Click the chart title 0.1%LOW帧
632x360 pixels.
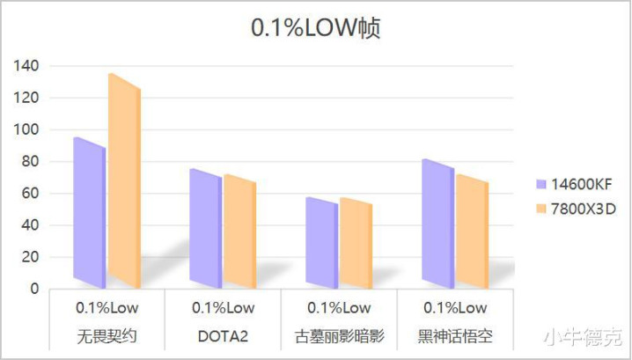click(x=315, y=29)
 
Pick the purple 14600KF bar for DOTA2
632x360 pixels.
click(x=206, y=228)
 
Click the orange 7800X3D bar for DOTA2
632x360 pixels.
click(x=239, y=231)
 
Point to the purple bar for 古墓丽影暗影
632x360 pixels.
click(x=321, y=242)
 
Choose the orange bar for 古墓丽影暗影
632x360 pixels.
click(x=356, y=243)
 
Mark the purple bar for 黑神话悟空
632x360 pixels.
click(x=437, y=224)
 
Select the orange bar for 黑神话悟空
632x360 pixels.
click(x=472, y=231)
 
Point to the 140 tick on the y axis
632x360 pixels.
click(x=27, y=66)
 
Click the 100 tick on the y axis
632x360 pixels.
click(x=27, y=129)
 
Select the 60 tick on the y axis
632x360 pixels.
click(x=31, y=194)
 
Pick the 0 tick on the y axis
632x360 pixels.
click(x=34, y=289)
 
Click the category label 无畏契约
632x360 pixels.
click(x=107, y=336)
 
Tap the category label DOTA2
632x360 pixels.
click(x=223, y=336)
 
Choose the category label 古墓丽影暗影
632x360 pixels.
click(x=338, y=336)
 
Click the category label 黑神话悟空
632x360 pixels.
click(x=454, y=336)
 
